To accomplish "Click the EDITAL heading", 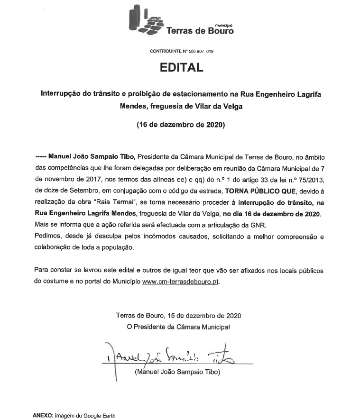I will click(180, 68).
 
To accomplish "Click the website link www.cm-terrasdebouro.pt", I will click(181, 281).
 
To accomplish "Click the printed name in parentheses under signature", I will click(178, 373).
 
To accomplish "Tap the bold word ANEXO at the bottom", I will click(43, 415).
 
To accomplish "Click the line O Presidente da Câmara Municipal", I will click(178, 327).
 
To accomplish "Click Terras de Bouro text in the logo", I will click(200, 31).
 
